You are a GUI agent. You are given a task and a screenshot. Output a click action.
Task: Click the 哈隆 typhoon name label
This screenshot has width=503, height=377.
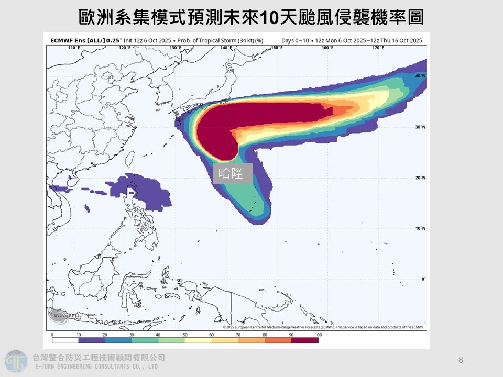tap(233, 173)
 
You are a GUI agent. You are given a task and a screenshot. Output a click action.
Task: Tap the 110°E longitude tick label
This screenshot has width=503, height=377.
tap(74, 48)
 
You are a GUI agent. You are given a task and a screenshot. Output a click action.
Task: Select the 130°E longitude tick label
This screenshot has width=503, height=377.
tap(175, 48)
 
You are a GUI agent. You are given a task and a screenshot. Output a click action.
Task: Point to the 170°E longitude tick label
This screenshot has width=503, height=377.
tap(378, 48)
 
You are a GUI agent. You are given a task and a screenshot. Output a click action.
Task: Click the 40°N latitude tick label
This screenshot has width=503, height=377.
tap(420, 76)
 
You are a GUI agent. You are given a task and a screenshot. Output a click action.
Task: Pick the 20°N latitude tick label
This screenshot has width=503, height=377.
tap(420, 178)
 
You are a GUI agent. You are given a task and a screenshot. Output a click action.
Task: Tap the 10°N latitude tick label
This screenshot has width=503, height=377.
tap(420, 228)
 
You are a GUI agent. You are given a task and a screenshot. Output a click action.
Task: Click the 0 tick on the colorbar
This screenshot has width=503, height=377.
tap(52, 334)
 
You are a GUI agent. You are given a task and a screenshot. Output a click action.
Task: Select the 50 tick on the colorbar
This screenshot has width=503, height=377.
tap(185, 334)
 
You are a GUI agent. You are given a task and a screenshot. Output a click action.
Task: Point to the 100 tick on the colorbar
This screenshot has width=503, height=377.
tap(318, 334)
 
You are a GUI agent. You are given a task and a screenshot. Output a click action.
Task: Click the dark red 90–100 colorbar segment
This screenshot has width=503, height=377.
tap(304, 340)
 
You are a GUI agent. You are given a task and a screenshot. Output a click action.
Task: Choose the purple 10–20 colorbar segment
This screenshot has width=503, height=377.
tap(92, 340)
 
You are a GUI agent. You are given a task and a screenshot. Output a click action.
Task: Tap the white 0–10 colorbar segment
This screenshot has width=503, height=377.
tap(65, 340)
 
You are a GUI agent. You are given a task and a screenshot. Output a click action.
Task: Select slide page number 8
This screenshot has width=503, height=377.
tap(461, 360)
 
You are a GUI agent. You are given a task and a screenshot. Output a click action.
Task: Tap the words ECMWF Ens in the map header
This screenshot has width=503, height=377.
tap(66, 40)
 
